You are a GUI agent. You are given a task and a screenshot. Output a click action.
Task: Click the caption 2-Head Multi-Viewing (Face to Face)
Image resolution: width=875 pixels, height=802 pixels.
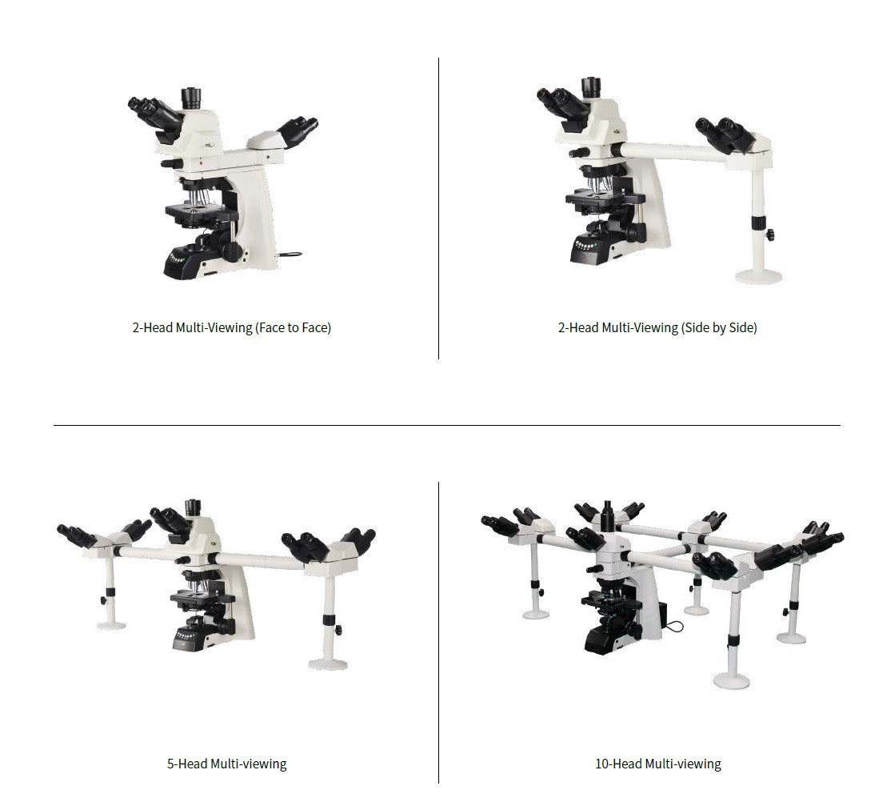[232, 328]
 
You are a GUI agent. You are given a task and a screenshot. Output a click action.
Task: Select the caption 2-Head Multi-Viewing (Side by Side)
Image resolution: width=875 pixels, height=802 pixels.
[657, 328]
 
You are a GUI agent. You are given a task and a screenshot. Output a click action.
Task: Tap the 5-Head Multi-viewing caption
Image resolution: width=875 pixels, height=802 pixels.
[226, 764]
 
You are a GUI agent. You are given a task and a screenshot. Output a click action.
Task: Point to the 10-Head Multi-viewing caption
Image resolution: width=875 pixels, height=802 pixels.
[658, 764]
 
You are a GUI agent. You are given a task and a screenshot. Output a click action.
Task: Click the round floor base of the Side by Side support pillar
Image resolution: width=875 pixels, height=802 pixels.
[758, 276]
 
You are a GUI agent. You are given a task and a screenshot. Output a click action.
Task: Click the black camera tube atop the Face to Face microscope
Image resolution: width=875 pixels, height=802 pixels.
[191, 98]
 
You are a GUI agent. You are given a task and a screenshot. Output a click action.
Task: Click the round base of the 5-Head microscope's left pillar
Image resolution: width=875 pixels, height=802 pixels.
[111, 625]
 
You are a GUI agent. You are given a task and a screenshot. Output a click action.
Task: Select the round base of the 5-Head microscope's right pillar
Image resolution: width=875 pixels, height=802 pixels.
[329, 664]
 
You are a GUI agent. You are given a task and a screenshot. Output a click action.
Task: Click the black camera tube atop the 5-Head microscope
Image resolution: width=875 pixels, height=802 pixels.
[193, 507]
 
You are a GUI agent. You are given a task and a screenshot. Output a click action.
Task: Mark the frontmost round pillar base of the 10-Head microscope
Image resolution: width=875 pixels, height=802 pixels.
[732, 681]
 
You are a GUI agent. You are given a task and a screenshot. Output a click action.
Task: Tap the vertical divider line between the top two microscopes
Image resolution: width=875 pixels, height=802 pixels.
[438, 208]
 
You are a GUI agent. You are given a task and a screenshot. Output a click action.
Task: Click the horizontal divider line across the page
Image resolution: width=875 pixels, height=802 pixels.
[447, 425]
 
